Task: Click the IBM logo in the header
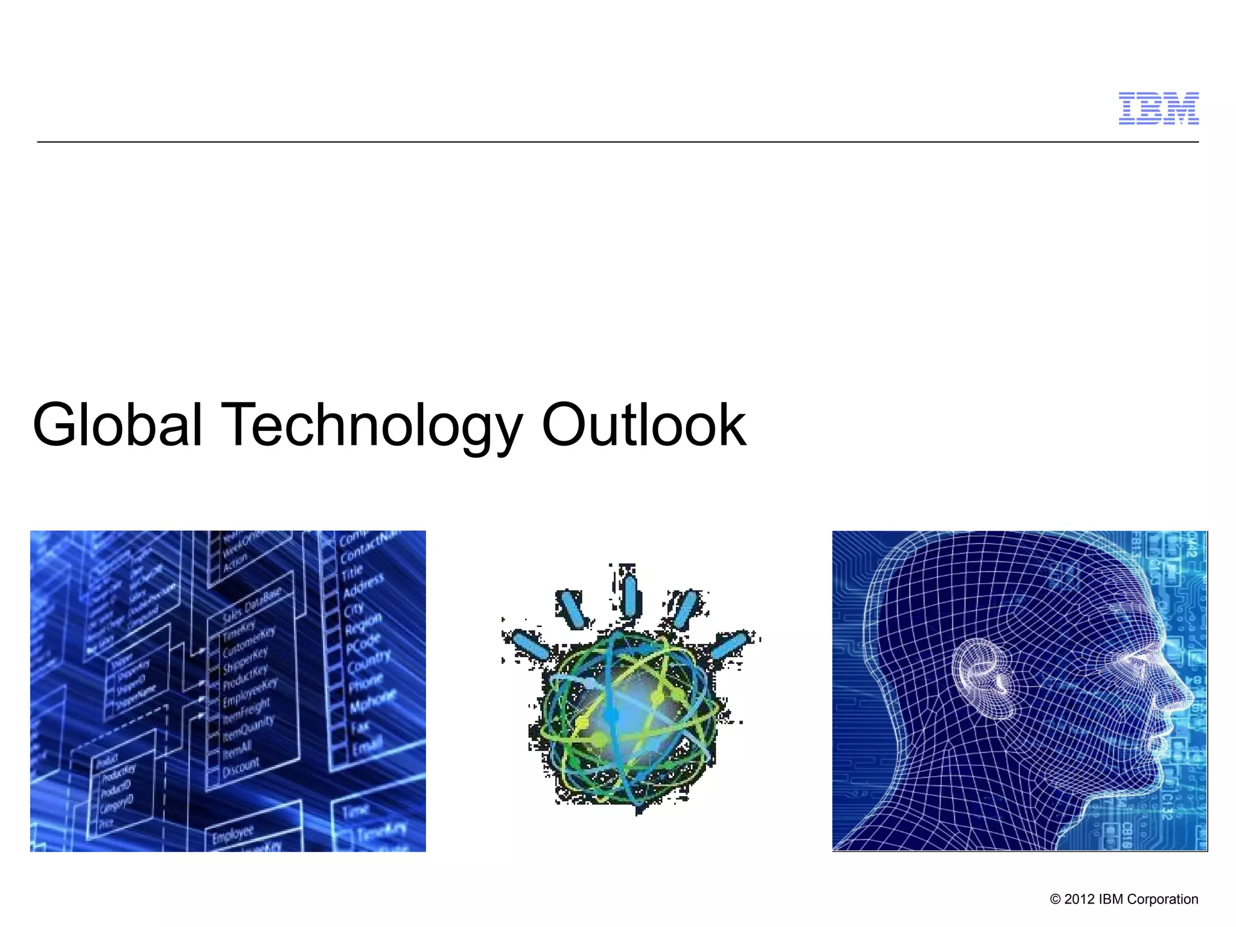point(1158,109)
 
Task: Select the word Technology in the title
point(372,425)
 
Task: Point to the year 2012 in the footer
point(1079,899)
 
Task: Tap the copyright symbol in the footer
point(1055,899)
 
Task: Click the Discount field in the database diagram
point(241,768)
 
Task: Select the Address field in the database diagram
point(363,585)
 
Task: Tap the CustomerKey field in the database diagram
point(249,642)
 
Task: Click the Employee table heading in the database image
point(233,835)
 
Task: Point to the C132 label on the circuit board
point(1167,806)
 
